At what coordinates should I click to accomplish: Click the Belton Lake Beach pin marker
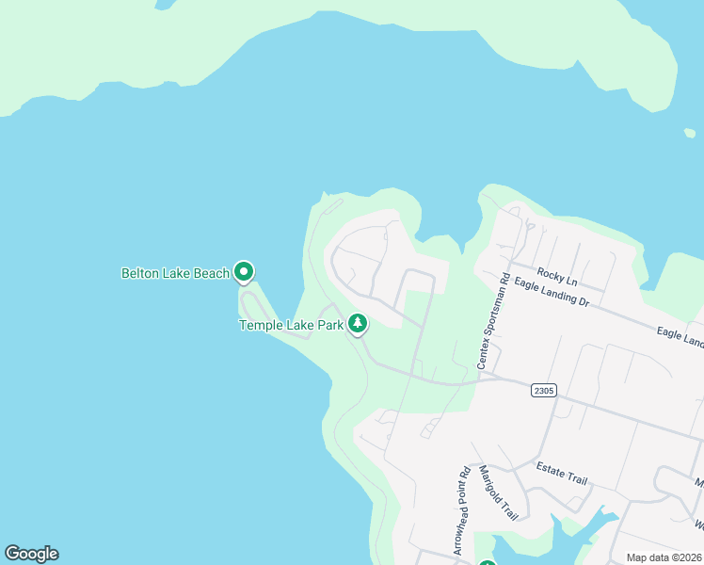[244, 272]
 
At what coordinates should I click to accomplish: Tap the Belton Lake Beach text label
[175, 274]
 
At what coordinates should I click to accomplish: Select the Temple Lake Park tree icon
[358, 324]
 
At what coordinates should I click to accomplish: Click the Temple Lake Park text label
[292, 325]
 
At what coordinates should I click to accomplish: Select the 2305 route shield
[543, 390]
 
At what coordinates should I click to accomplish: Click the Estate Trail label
[561, 474]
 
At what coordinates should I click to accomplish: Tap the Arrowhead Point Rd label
[463, 512]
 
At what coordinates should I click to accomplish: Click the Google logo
[31, 554]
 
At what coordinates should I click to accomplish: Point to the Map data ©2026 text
[664, 557]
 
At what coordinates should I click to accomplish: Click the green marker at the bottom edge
[487, 563]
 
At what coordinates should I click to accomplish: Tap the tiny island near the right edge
[690, 133]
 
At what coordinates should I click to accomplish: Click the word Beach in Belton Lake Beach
[212, 274]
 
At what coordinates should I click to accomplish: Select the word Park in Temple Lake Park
[330, 325]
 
